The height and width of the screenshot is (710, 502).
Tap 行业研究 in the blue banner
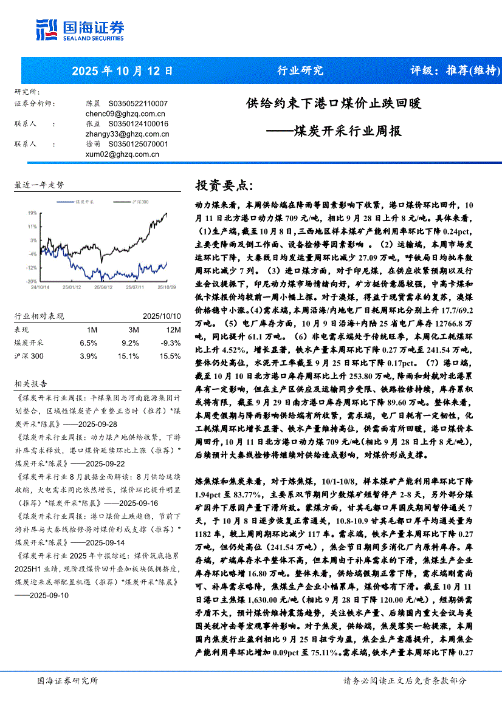300,70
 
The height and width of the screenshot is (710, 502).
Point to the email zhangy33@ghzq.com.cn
128,134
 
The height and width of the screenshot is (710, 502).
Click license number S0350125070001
138,144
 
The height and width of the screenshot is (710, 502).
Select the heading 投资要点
223,185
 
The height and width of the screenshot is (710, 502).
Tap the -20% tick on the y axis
31,282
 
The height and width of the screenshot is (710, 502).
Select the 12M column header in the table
173,329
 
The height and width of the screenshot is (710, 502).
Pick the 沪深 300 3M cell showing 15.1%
128,356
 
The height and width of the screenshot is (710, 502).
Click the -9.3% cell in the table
170,343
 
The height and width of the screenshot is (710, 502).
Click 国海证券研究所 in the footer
67,681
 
